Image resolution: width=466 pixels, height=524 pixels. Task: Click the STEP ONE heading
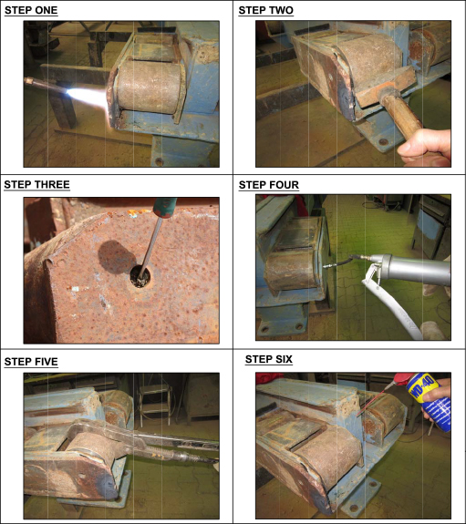[x=31, y=10]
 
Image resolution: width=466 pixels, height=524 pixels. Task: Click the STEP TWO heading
[x=266, y=10]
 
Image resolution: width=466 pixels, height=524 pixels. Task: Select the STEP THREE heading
[x=36, y=184]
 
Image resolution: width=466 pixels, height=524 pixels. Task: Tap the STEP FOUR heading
[x=269, y=185]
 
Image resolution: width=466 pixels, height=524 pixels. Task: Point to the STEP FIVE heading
[x=31, y=362]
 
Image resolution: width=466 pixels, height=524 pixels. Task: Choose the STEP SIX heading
[x=269, y=359]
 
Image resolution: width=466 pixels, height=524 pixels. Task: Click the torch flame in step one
[x=88, y=98]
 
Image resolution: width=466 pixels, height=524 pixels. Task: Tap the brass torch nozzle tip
[x=28, y=81]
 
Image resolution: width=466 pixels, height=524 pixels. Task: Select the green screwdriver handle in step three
[x=164, y=207]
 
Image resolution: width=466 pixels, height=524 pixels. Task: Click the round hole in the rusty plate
[x=140, y=277]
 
